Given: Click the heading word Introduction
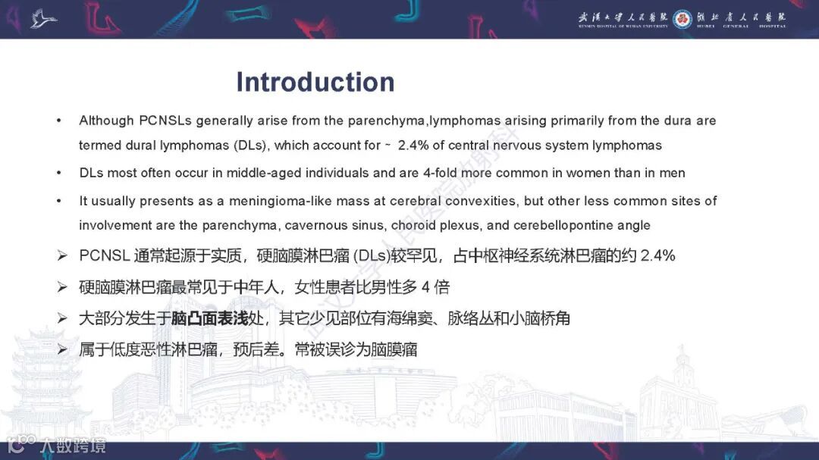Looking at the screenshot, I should (x=315, y=82).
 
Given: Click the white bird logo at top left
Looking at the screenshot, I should (x=43, y=18).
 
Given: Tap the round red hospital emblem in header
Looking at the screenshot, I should (x=682, y=19).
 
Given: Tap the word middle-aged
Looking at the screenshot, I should (x=292, y=173).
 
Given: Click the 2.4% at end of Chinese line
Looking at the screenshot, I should (x=657, y=255).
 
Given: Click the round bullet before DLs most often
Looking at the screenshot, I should (x=58, y=173).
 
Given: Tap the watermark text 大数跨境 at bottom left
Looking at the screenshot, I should (x=74, y=445).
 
